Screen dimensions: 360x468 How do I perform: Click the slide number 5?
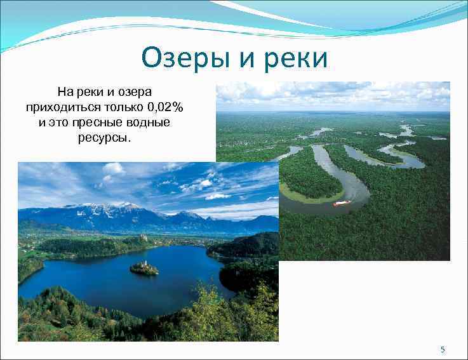click(x=443, y=350)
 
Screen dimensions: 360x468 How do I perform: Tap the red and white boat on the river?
click(x=342, y=203)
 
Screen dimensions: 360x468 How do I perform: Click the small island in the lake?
click(x=144, y=269)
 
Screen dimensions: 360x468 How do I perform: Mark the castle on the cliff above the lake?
click(x=144, y=237)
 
